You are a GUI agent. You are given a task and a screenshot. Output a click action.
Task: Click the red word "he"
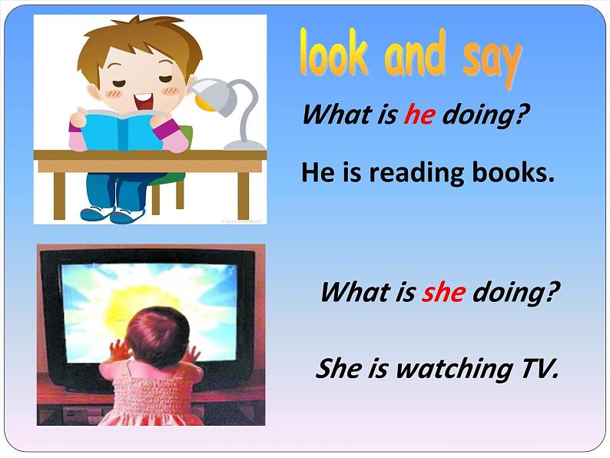(x=419, y=115)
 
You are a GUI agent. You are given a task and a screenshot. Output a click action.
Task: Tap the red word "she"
(x=443, y=292)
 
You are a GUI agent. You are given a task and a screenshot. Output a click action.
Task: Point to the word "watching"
(x=449, y=370)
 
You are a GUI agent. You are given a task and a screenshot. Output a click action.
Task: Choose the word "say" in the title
(x=492, y=58)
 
